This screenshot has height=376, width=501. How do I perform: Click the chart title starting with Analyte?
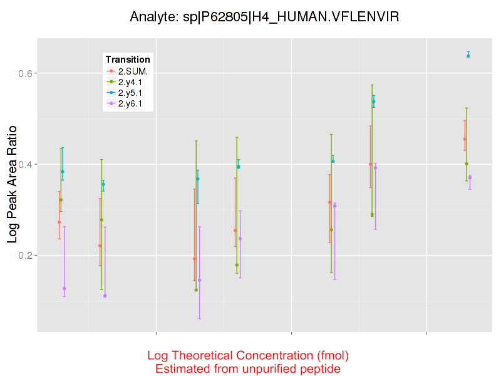[x=264, y=17]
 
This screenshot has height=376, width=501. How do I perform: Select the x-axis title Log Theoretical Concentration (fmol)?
[x=248, y=355]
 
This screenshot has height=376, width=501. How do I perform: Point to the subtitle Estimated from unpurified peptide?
[x=248, y=369]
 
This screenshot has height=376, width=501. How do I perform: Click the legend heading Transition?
[x=128, y=60]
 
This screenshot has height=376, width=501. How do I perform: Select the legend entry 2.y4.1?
[x=132, y=81]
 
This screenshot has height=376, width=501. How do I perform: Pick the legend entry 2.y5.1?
[x=132, y=93]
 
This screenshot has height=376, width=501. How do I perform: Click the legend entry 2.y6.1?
[x=132, y=103]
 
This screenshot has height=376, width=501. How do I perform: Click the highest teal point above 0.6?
[x=468, y=56]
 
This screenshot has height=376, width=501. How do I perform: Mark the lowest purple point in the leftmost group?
[x=65, y=288]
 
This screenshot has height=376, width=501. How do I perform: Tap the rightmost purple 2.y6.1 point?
[x=470, y=177]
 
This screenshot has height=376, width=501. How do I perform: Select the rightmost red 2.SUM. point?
[x=465, y=139]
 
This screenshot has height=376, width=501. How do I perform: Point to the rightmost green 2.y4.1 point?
[x=467, y=164]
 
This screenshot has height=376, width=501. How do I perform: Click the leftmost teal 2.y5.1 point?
[x=63, y=172]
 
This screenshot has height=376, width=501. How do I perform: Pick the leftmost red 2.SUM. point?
[x=59, y=222]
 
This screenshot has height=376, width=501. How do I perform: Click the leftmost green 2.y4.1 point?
[x=61, y=200]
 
